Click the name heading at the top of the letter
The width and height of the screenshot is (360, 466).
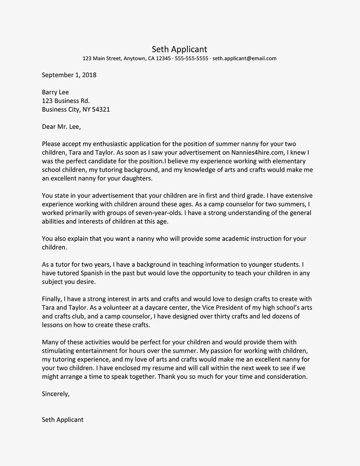coord(179,49)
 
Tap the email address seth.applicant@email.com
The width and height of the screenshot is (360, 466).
coord(244,58)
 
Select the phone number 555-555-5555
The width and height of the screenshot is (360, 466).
coord(192,58)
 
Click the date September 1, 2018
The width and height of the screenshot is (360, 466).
coord(69,75)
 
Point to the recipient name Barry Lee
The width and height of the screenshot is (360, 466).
coord(55,92)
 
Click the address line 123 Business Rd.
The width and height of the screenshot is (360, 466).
coord(66,101)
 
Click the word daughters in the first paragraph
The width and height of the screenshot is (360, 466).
coord(138,179)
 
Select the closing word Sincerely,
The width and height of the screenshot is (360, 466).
coord(55,394)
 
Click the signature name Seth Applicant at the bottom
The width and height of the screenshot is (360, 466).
coord(63,420)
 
